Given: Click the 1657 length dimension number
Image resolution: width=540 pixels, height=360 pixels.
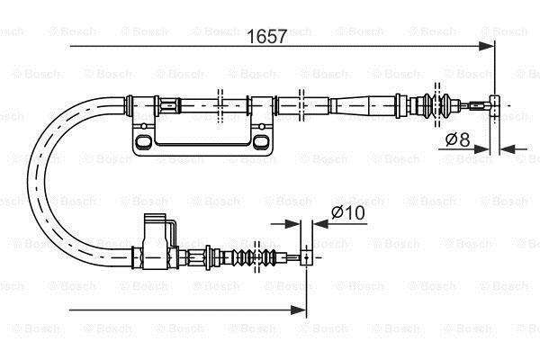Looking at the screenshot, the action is [x=267, y=37].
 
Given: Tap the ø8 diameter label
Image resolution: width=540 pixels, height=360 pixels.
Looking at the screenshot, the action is [x=458, y=139].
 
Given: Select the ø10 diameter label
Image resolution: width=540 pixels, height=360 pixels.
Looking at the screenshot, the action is [x=347, y=212].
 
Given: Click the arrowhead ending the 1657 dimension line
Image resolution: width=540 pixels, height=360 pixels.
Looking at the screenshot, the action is [x=486, y=46].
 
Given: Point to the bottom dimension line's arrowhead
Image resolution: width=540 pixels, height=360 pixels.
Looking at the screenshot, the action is [x=298, y=310].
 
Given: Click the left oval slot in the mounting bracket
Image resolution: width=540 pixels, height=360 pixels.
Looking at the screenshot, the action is [x=143, y=141].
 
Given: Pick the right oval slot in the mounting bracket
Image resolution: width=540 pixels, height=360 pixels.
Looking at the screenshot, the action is [x=260, y=141].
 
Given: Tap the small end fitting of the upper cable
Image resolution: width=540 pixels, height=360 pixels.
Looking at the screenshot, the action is [x=495, y=105].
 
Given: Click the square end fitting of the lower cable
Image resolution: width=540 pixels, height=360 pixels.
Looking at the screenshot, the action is [x=307, y=257].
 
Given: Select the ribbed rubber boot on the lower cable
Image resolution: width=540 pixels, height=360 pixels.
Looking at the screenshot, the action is [x=253, y=257].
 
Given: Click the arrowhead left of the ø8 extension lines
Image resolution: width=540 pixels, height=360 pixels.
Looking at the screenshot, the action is [x=481, y=149].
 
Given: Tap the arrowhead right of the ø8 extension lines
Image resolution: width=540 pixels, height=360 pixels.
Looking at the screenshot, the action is [x=508, y=149].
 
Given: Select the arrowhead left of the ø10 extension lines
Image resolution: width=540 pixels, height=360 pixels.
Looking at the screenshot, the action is [x=292, y=224].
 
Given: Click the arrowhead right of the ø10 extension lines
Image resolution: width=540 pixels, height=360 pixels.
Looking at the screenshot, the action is [x=320, y=224].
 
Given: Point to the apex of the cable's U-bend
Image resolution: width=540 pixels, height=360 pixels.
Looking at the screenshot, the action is [x=37, y=181].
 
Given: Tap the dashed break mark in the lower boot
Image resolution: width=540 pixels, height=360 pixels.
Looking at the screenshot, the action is [x=256, y=257].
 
